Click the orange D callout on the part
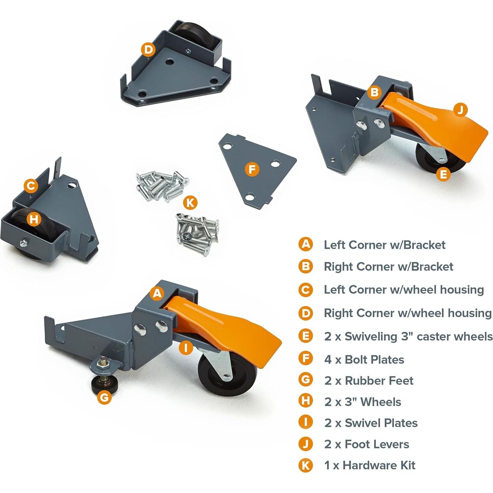tap(148, 50)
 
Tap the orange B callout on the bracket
tap(374, 92)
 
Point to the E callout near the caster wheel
tap(443, 174)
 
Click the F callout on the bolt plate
tap(252, 169)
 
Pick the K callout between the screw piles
tap(190, 203)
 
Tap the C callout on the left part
tap(31, 186)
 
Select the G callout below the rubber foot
tap(104, 398)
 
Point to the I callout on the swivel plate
tap(186, 348)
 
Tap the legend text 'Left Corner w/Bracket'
tap(384, 245)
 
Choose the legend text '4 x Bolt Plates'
tap(364, 359)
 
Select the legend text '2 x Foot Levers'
tap(367, 444)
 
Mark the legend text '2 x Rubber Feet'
tap(369, 381)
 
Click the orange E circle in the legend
tap(305, 336)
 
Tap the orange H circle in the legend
tap(305, 401)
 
